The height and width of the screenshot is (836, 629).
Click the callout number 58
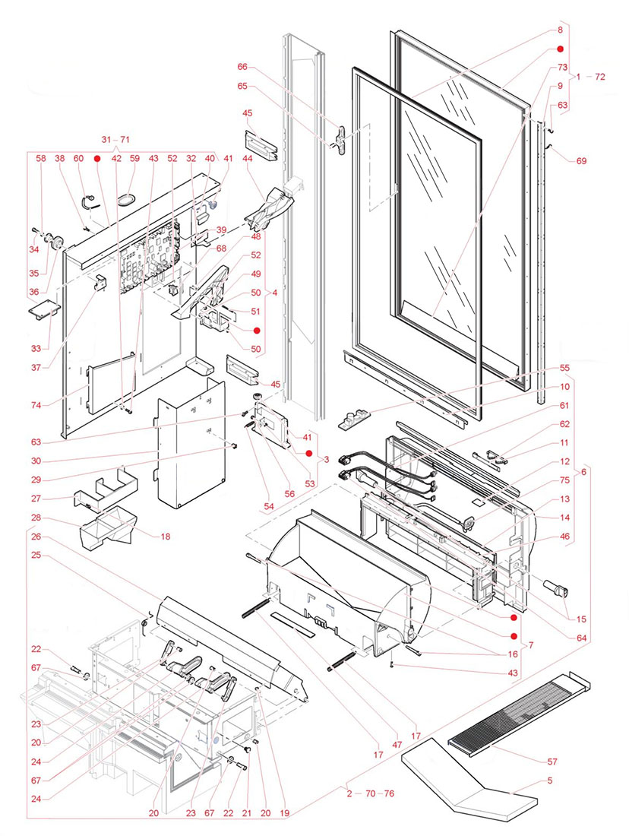[x=41, y=159]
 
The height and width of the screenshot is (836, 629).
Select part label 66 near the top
[x=243, y=68]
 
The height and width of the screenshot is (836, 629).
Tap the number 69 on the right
[x=581, y=161]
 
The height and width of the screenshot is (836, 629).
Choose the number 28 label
[x=36, y=518]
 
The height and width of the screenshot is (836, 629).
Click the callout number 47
[x=397, y=746]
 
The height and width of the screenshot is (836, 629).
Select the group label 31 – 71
[x=115, y=140]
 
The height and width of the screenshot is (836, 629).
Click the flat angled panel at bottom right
[x=471, y=783]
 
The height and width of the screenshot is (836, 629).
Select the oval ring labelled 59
[x=126, y=197]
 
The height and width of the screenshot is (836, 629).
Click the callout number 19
[x=284, y=812]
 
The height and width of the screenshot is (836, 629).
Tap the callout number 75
[x=564, y=480]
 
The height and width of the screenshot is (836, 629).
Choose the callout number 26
[x=36, y=537]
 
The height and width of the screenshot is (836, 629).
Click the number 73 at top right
[x=564, y=68]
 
